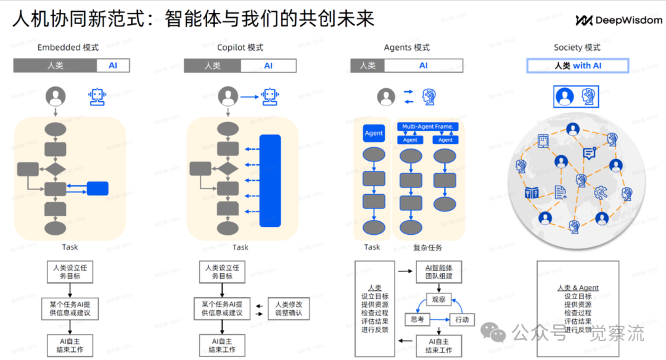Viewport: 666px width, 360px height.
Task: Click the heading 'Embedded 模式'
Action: tap(68, 47)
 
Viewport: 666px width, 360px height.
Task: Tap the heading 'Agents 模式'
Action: tap(406, 47)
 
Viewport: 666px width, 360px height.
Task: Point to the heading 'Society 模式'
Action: tap(577, 47)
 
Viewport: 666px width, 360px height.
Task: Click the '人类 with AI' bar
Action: tap(577, 65)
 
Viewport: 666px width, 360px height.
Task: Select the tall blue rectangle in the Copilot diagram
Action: tap(270, 181)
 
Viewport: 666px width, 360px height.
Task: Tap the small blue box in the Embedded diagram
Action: tap(97, 189)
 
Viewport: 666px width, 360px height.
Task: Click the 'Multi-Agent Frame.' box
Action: tap(428, 126)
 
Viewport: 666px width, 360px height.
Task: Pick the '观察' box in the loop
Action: tap(438, 300)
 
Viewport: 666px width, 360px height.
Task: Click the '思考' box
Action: tap(417, 319)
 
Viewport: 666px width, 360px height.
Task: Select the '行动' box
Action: tap(462, 319)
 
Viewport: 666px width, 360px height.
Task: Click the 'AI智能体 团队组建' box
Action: tap(438, 272)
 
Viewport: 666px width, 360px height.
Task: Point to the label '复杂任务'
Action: tap(427, 247)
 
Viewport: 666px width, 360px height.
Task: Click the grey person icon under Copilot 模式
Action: tap(228, 96)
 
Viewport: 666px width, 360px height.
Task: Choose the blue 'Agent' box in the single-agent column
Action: tap(374, 133)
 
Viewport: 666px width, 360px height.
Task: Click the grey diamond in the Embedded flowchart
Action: tap(55, 168)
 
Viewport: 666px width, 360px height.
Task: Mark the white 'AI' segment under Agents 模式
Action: tap(423, 65)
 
